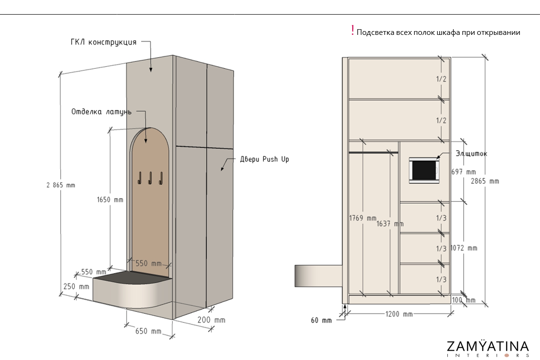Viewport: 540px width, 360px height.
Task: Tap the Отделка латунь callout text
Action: click(101, 112)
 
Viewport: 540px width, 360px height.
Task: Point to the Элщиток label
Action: click(471, 154)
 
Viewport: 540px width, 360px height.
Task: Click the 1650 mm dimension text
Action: click(107, 200)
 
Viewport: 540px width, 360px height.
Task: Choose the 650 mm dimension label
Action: click(148, 331)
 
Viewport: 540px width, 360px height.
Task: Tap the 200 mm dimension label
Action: click(212, 320)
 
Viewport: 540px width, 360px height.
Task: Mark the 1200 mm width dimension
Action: click(399, 314)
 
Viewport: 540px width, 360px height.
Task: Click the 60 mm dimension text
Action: click(321, 320)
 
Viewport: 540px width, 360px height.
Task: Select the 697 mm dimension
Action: click(464, 172)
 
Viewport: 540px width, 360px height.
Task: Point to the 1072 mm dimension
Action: click(464, 248)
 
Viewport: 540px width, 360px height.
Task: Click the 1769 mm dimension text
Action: click(363, 218)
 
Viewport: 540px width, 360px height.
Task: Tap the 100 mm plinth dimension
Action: click(464, 300)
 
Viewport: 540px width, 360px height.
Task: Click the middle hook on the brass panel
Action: click(150, 178)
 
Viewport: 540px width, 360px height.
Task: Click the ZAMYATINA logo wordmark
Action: click(487, 346)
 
